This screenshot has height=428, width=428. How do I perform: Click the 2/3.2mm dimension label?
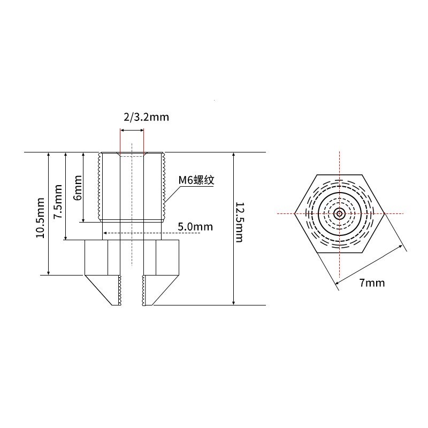pos(142,117)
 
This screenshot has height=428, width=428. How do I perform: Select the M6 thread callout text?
pos(196,180)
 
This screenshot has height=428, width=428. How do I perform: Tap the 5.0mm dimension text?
pos(195,227)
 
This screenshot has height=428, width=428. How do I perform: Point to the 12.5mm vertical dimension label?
pos(239,223)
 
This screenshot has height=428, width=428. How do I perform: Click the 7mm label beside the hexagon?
pos(372,282)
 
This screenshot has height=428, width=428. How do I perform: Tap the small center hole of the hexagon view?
pos(339,213)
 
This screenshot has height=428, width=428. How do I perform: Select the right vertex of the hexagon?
pos(384,213)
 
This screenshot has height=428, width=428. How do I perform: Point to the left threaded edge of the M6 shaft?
pos(99,187)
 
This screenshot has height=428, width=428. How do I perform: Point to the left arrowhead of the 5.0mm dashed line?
pos(105,233)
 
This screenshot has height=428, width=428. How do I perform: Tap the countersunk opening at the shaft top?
pos(132,155)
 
